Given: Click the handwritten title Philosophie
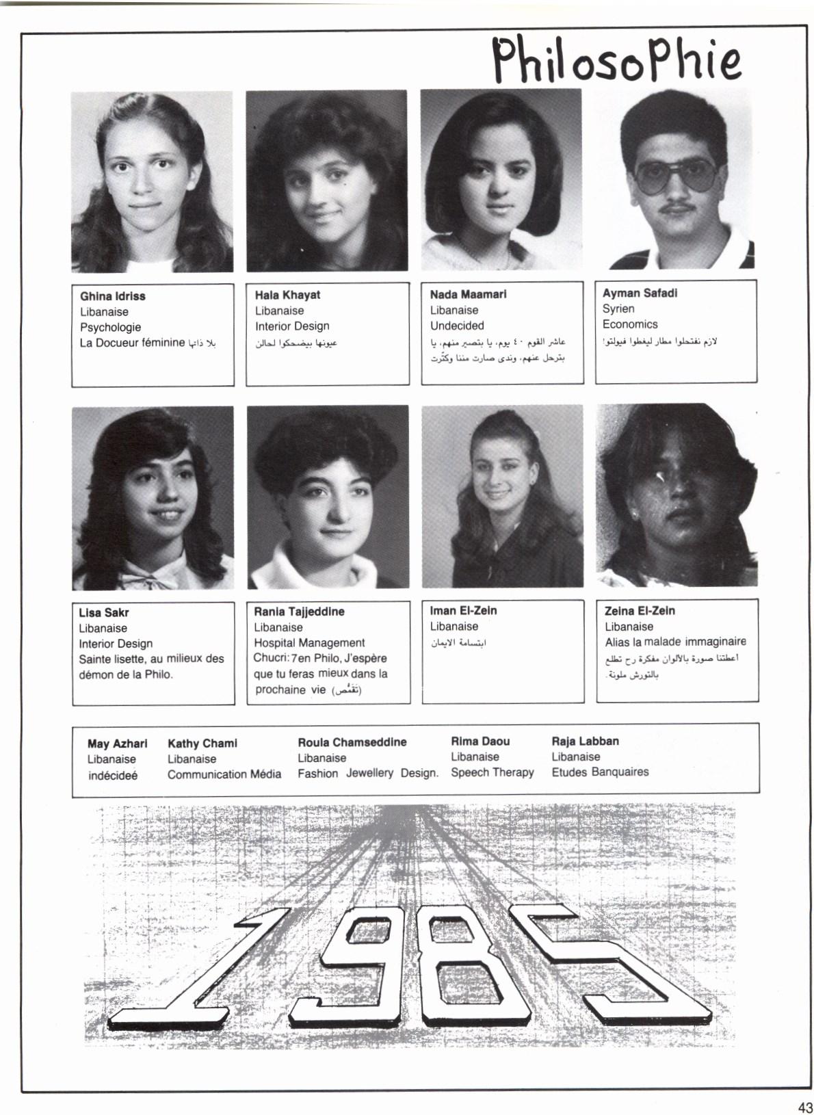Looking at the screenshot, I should pos(616,60).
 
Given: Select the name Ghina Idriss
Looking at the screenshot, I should pos(113,296).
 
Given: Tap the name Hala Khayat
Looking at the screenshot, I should pos(287,295).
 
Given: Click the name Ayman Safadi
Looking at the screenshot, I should pos(640,293).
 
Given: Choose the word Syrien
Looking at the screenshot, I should pos(618,309).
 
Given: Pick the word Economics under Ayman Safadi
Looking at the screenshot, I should pos(629,324).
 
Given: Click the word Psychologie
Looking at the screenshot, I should pos(110,327).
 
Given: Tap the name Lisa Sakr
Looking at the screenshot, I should pos(103,612).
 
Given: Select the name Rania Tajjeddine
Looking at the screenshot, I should pos(299,612).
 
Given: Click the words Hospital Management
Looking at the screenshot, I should pos(309,642).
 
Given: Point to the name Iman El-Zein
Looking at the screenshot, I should pos(463,610).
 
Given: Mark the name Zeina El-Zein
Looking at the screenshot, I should pos(640,611).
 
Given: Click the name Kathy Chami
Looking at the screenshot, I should pos(202,743).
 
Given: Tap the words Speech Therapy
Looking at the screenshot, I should pos(492,772).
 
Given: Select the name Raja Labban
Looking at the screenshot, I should pos(585,741).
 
